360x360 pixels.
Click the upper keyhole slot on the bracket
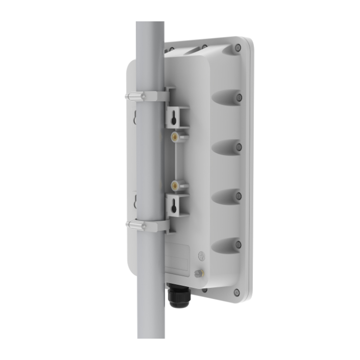174,116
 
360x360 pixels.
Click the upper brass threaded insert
174,137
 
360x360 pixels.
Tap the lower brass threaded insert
174,185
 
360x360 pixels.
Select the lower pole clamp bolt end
130,224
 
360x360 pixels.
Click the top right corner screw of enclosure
238,48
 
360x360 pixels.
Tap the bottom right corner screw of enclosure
236,292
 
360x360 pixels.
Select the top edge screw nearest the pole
172,49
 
